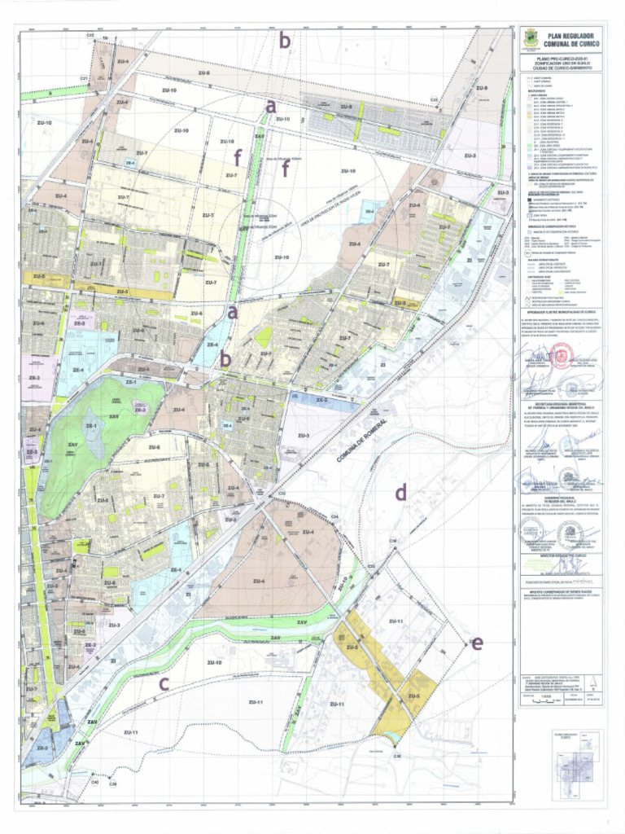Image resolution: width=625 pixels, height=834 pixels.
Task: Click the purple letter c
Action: coord(164,683)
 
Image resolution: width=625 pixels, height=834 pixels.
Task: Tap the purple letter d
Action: coord(400,492)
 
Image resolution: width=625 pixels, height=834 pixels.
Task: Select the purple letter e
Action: coord(477,643)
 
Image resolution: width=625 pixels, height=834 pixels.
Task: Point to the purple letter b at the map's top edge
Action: coord(285,40)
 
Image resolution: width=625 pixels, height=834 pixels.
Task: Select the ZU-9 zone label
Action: coord(482,88)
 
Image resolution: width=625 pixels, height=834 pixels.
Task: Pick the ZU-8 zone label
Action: coord(346,107)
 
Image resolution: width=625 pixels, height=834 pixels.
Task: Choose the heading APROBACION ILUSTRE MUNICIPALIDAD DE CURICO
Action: coord(563,312)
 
